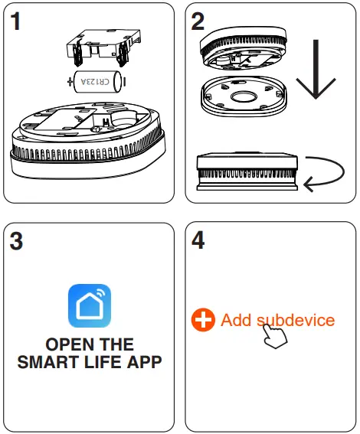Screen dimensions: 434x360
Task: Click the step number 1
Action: [15, 21]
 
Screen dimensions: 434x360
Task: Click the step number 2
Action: [198, 21]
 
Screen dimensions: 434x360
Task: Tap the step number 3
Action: [16, 241]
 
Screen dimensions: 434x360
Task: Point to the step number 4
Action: [198, 241]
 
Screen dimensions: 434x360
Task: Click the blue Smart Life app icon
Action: [90, 306]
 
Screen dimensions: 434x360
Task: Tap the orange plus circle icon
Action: [203, 321]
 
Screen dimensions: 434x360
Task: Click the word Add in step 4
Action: [236, 320]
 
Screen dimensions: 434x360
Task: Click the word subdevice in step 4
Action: [295, 320]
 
